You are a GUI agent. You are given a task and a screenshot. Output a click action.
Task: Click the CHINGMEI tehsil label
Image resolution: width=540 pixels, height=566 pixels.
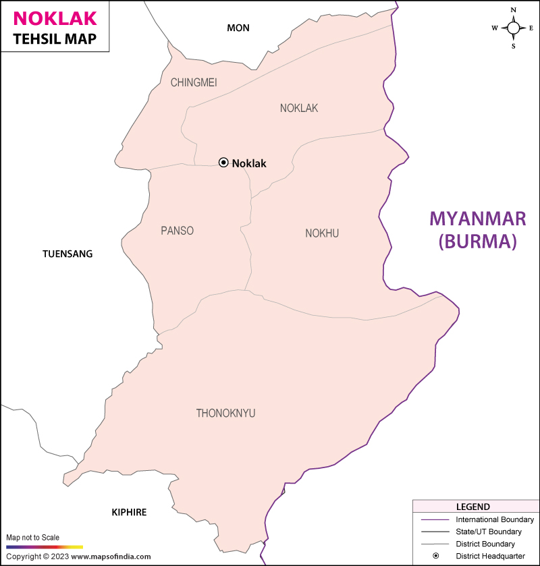(x=194, y=82)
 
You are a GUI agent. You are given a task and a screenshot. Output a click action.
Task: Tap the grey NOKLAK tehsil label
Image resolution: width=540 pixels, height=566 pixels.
(x=298, y=108)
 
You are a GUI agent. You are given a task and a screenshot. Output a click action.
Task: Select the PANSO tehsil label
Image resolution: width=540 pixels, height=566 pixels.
(x=177, y=231)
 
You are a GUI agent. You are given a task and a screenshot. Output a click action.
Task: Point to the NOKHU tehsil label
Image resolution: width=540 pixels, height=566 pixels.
(x=322, y=233)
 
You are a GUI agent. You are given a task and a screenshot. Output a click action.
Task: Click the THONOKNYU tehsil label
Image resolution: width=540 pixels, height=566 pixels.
(x=225, y=413)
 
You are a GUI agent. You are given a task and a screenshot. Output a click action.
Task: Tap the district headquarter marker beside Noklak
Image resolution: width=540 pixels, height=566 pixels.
(x=223, y=163)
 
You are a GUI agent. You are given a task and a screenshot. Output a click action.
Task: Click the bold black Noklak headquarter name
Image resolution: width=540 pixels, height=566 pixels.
(x=249, y=163)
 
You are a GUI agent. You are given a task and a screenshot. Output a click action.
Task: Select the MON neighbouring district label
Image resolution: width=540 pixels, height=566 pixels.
(x=238, y=28)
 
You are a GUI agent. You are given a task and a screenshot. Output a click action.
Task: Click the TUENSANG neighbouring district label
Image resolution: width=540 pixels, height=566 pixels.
(x=67, y=254)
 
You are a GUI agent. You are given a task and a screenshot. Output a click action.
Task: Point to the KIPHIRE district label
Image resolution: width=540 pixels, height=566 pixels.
(x=129, y=513)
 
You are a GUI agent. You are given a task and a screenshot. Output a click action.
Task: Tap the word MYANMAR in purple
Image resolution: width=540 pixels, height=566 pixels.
(x=478, y=219)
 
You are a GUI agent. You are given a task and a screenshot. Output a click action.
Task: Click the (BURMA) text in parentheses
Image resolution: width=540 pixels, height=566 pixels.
(x=478, y=242)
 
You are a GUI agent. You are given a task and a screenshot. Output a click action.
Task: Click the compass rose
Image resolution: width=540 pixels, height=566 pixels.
(x=513, y=28)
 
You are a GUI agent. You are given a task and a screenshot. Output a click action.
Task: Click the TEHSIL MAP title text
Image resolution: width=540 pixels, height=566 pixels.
(x=54, y=39)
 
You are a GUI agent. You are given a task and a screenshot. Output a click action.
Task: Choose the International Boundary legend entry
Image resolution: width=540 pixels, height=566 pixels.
(x=495, y=519)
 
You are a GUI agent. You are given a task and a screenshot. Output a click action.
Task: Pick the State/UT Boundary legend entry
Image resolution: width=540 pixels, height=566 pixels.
(x=489, y=532)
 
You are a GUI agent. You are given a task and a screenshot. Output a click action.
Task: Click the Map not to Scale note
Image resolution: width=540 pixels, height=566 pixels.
(x=33, y=538)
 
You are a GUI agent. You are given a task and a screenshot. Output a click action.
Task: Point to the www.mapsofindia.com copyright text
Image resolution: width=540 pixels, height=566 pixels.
(x=110, y=557)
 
